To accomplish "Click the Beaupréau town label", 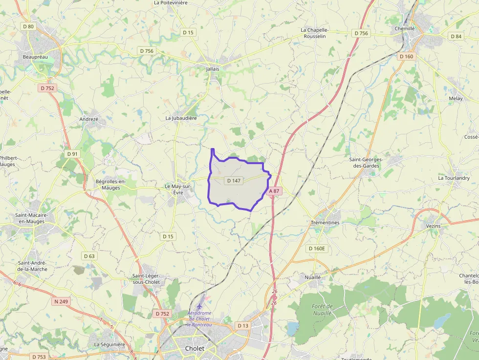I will coord(35,57).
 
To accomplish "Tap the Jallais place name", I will coord(213,69).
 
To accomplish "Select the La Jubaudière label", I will coord(181,118).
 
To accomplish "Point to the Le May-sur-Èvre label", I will coord(177,190).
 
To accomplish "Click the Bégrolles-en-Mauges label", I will coord(110,185).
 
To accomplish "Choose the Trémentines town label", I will coord(325,222).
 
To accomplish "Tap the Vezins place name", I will coord(433,226).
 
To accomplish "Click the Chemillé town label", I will coord(404,28).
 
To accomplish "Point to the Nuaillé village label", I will coord(312,277).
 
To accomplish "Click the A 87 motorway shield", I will coord(274,191).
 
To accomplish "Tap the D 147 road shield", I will coord(234,181).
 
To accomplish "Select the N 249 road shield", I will coord(61,301).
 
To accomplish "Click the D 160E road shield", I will coord(317,249).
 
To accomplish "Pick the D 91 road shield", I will coord(72,154).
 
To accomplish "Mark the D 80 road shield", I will coord(28,26).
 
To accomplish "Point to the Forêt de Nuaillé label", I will coord(322,309).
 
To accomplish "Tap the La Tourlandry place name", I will coord(454,178).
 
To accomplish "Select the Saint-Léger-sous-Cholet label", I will coord(146,279).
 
